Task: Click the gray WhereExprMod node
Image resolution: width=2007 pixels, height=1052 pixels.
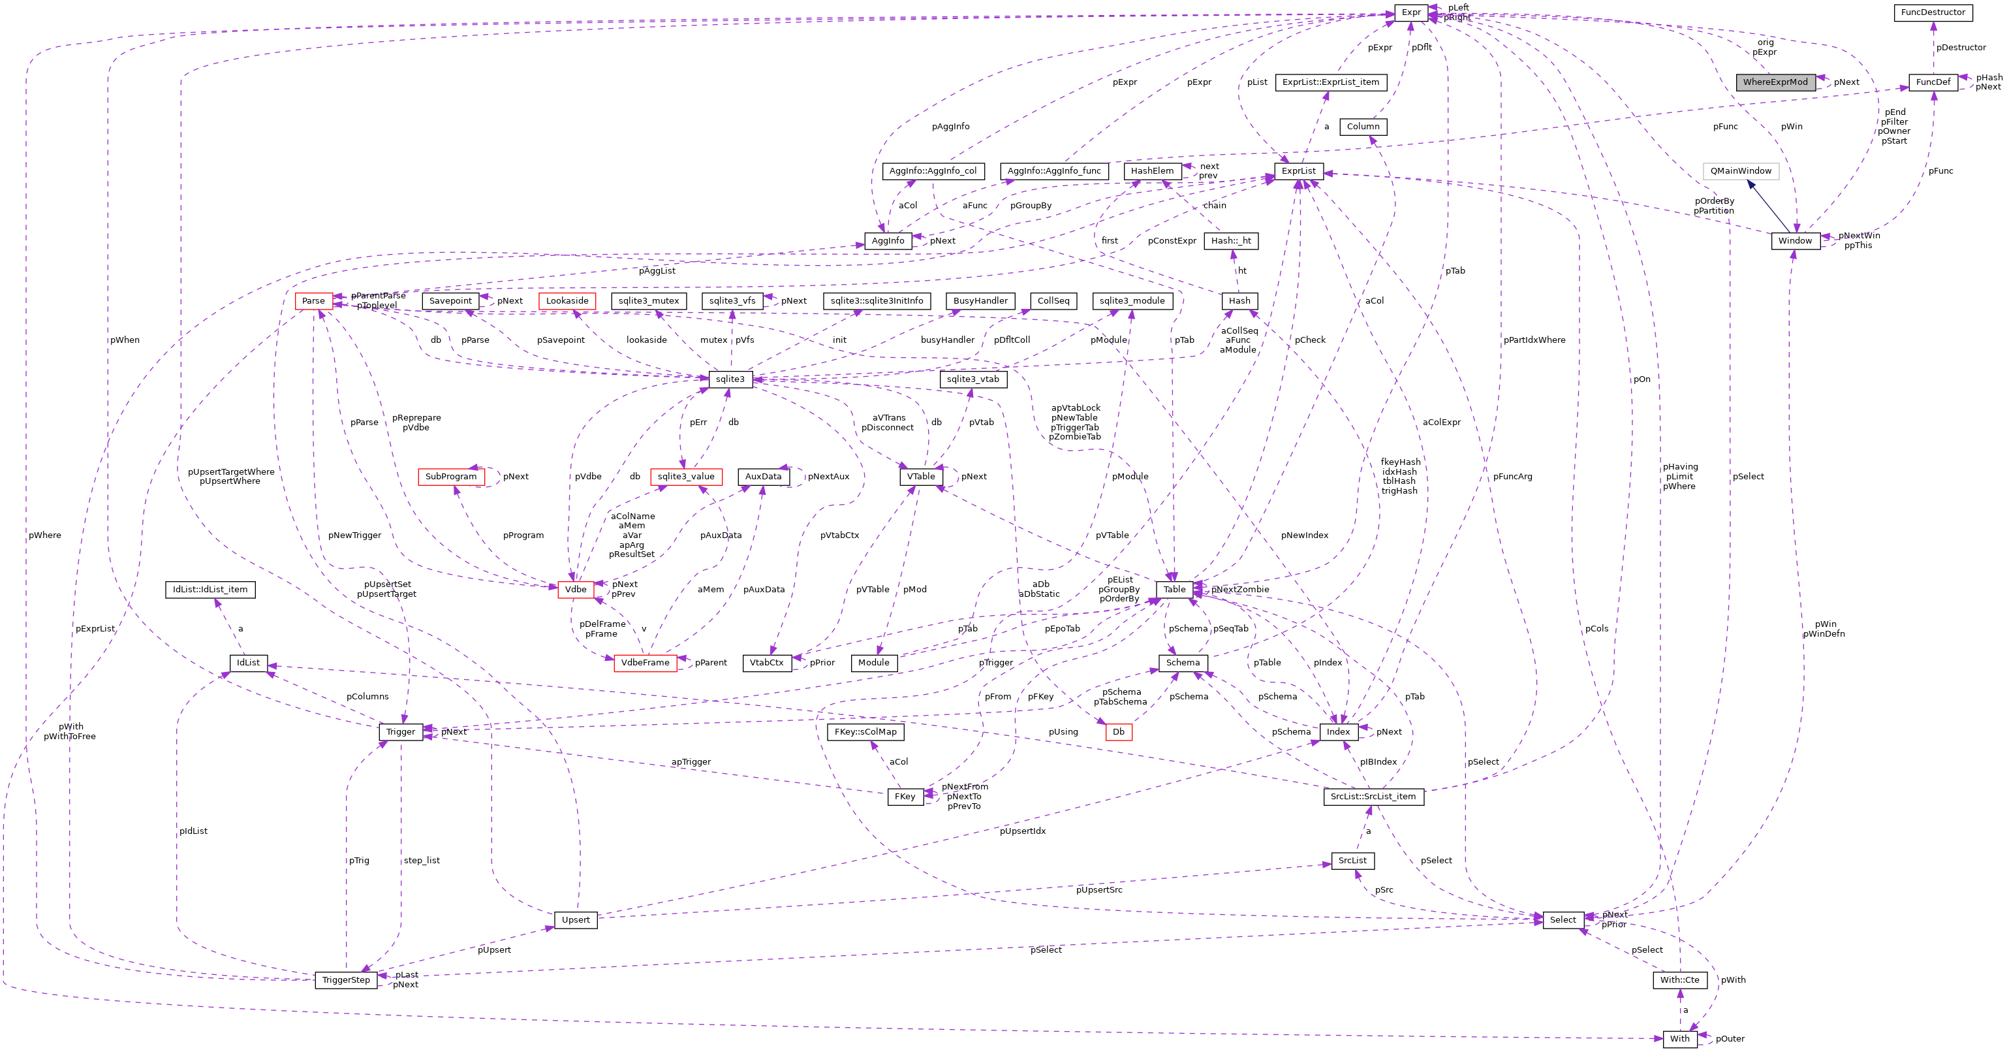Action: click(x=1775, y=82)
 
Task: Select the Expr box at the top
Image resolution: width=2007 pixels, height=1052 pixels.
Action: click(x=1411, y=12)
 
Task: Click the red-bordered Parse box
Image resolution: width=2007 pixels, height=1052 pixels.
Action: click(x=313, y=301)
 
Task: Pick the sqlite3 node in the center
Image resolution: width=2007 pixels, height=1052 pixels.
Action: click(x=730, y=379)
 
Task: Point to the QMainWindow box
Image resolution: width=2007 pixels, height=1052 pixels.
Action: click(x=1741, y=170)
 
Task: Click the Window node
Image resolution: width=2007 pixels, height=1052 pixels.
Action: click(x=1795, y=241)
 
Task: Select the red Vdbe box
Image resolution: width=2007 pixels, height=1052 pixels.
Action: click(x=576, y=590)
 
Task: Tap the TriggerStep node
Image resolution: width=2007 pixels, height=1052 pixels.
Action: click(x=346, y=980)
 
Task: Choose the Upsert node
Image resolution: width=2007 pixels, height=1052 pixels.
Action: click(x=576, y=920)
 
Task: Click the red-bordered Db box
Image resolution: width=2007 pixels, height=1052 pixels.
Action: click(x=1118, y=732)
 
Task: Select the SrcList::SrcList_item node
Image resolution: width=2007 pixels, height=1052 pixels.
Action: click(x=1373, y=797)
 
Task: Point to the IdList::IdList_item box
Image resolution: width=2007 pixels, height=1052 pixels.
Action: click(x=210, y=590)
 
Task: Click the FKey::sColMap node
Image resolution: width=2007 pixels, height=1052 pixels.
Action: click(x=865, y=732)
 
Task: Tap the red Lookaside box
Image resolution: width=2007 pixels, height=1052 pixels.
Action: click(x=567, y=301)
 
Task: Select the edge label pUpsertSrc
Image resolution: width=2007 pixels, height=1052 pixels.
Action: click(x=1098, y=890)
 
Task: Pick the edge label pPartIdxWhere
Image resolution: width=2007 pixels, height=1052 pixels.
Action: click(x=1534, y=340)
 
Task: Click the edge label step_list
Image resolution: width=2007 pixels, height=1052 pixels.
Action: click(x=422, y=860)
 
